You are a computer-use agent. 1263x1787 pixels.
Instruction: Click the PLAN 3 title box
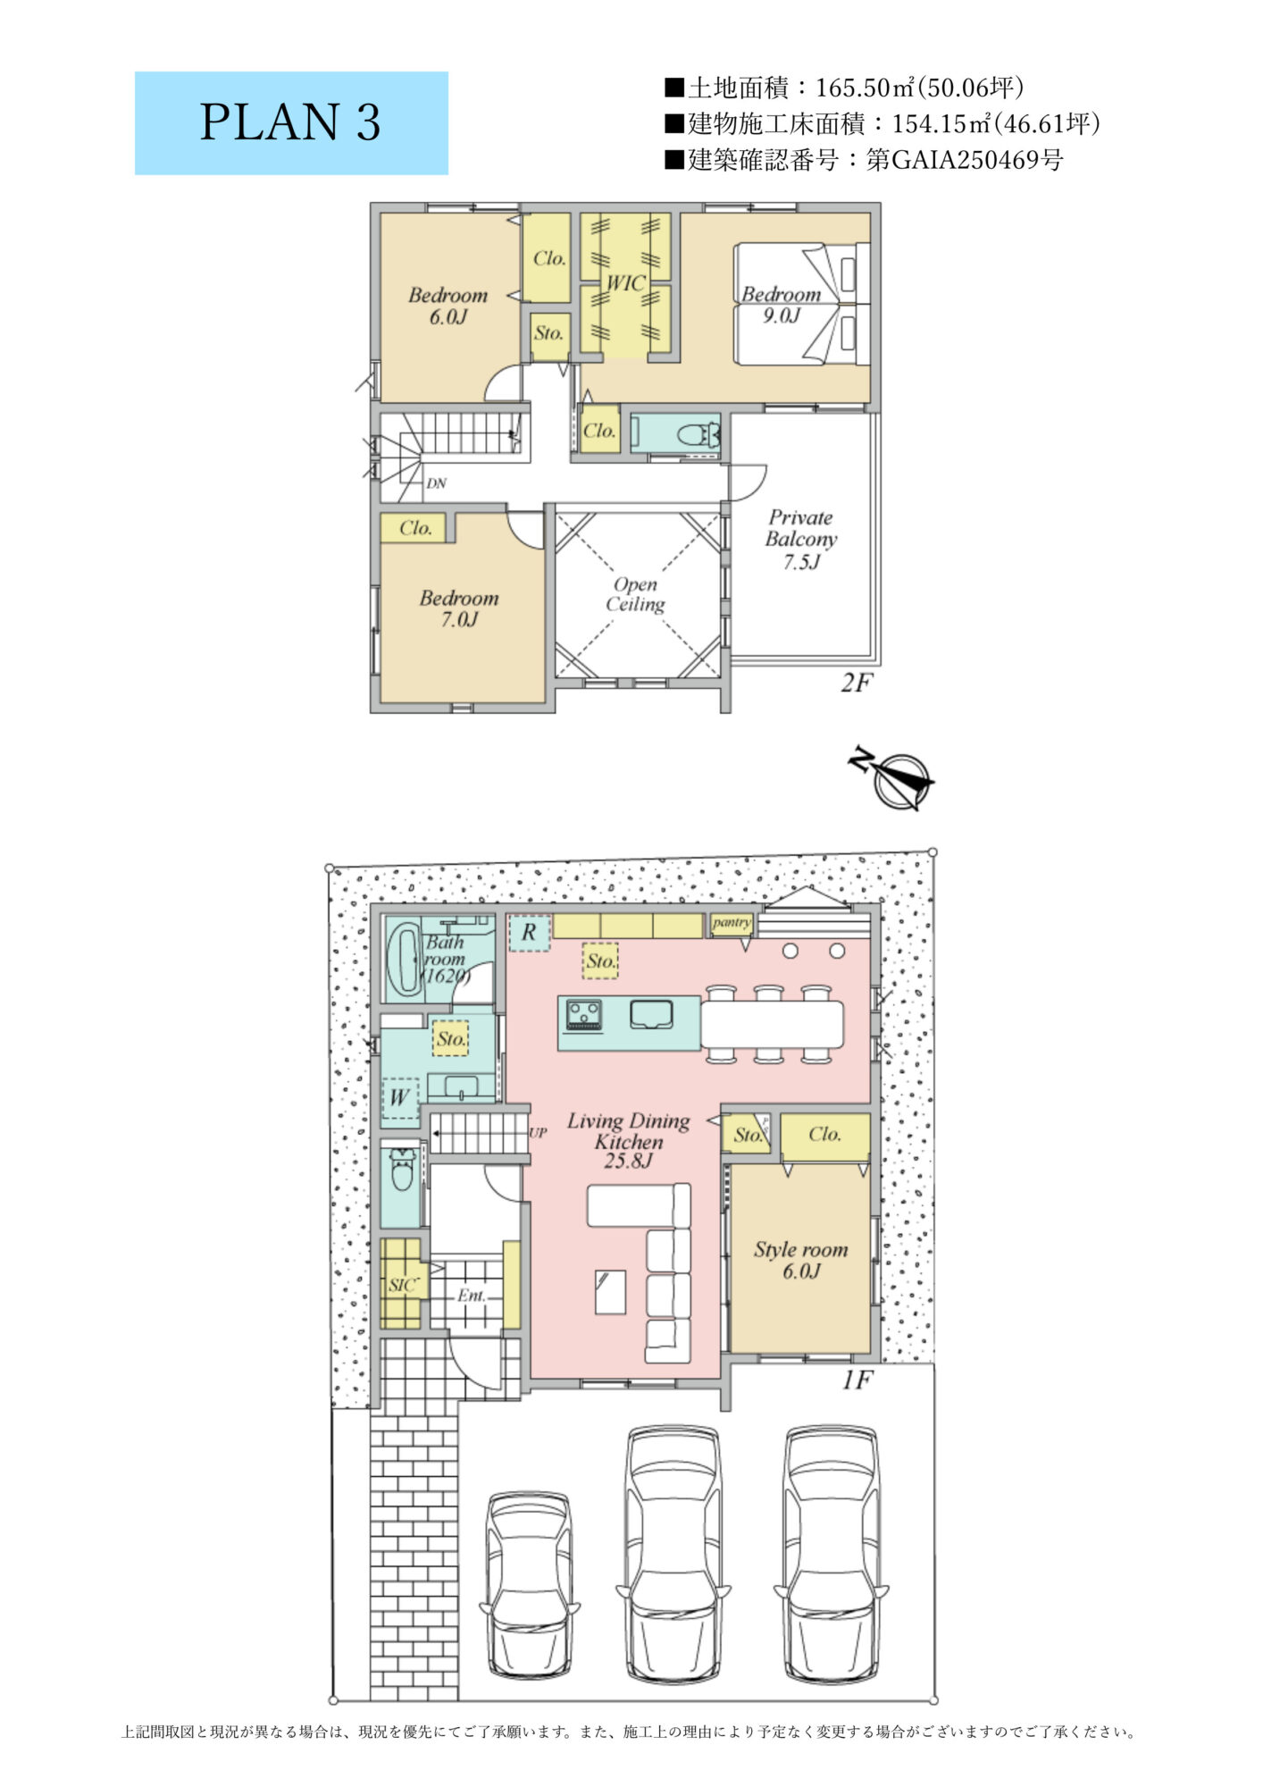[x=291, y=123]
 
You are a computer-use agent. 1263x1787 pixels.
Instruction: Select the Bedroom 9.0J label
[x=782, y=305]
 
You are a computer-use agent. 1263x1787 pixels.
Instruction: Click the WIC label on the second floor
[x=625, y=283]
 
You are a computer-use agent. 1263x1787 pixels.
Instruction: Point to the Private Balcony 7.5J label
[x=801, y=540]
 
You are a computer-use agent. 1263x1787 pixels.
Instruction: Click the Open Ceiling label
[x=635, y=594]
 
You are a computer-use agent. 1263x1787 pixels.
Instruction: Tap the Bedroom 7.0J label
[x=459, y=608]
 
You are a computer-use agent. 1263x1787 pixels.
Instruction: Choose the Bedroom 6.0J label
[x=447, y=306]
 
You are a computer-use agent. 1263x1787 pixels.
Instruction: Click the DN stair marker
[x=436, y=483]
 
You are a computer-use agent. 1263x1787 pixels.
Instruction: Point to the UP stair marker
[x=538, y=1133]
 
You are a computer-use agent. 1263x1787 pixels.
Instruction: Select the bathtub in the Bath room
[x=405, y=959]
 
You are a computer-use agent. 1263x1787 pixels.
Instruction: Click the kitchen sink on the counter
[x=652, y=1014]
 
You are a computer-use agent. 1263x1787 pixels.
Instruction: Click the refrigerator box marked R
[x=530, y=933]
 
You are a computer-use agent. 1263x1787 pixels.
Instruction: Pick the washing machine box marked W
[x=400, y=1098]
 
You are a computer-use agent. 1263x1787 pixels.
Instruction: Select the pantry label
[x=732, y=923]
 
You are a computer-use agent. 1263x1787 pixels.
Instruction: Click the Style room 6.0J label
[x=800, y=1260]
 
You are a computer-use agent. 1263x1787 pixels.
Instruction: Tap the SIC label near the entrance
[x=402, y=1285]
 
